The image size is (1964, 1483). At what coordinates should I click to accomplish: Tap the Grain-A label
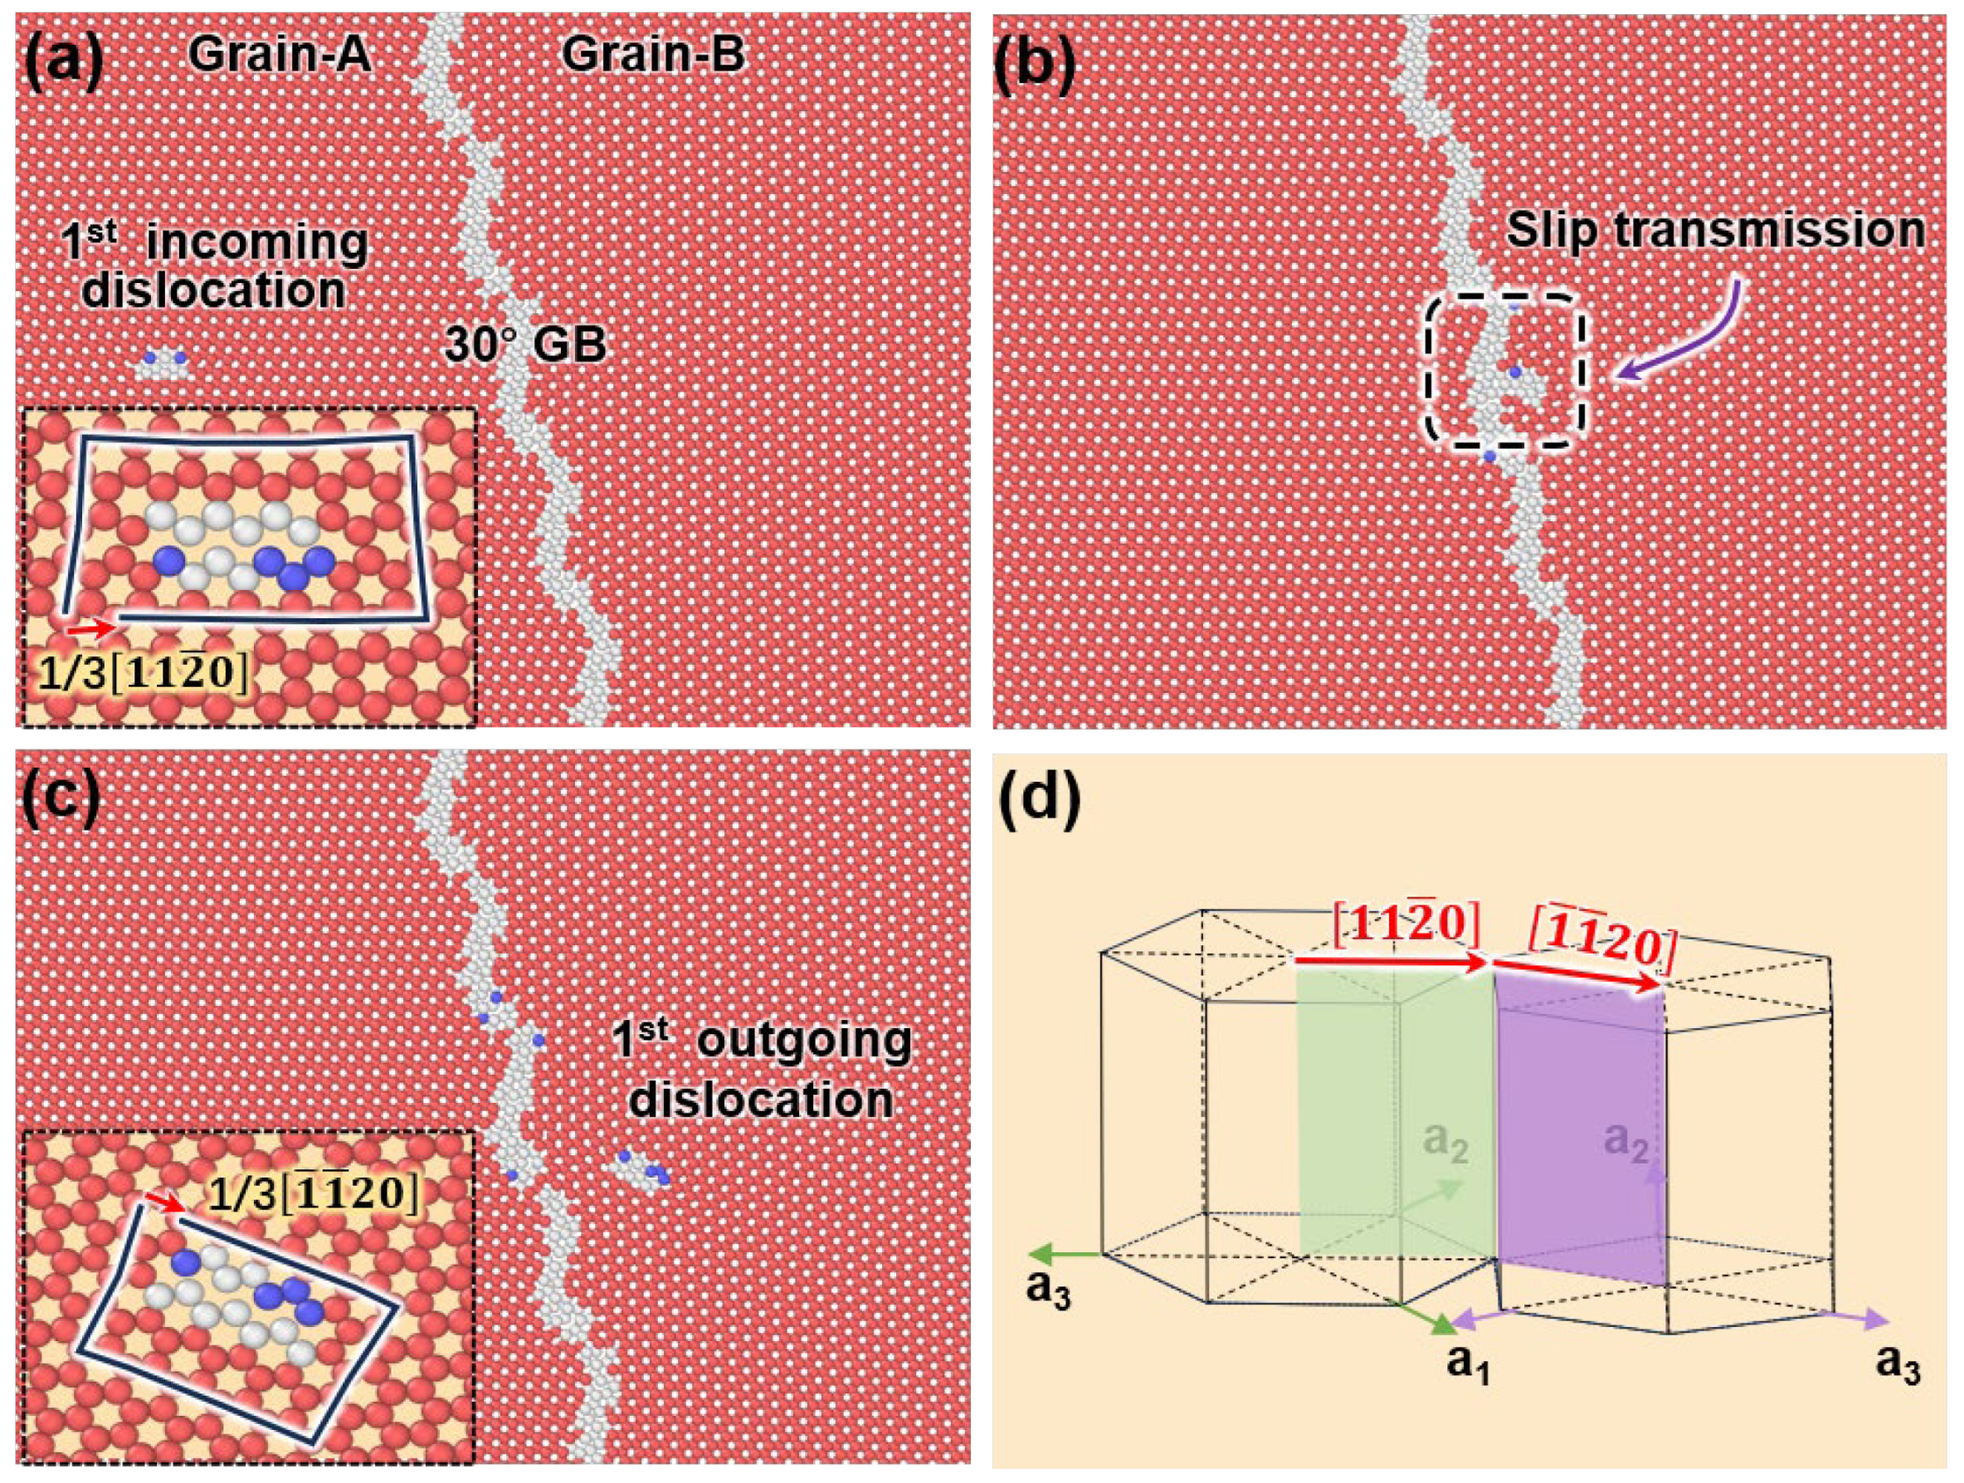(x=280, y=56)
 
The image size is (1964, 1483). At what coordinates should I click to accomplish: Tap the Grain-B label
(x=655, y=56)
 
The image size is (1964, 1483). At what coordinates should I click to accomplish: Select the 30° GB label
(x=525, y=345)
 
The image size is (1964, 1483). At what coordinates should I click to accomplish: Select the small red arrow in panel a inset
(x=90, y=628)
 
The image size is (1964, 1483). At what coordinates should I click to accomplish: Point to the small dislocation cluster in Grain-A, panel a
(x=163, y=363)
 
